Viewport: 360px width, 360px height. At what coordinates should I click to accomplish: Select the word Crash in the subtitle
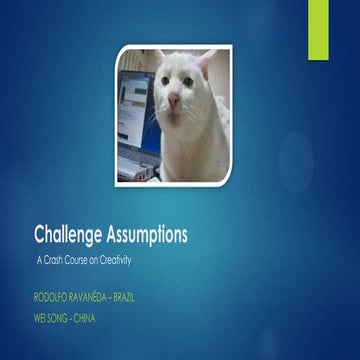click(57, 260)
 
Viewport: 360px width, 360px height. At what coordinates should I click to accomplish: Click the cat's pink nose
click(174, 101)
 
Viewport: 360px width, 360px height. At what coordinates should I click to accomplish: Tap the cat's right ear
click(208, 62)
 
